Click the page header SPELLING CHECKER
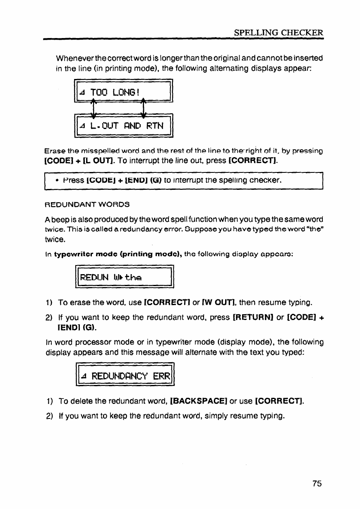pos(278,32)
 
